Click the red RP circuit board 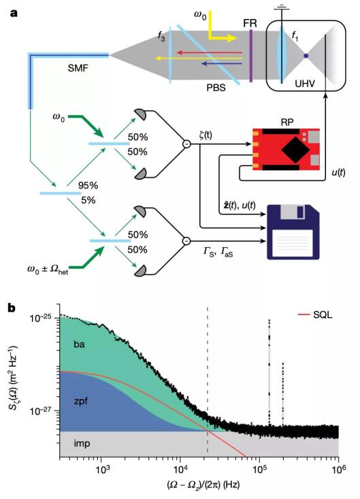[286, 149]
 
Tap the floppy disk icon [293, 232]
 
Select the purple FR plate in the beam [251, 56]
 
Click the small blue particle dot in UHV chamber [306, 56]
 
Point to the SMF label [78, 68]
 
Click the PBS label [216, 88]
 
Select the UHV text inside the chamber [305, 84]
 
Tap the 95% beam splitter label [88, 186]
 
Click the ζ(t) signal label [203, 135]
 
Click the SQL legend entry [315, 315]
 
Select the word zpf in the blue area [80, 401]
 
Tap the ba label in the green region [79, 344]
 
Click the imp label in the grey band [82, 443]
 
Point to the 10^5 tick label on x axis [259, 468]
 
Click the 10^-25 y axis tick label [43, 318]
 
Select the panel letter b [12, 308]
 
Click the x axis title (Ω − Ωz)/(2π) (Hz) [203, 485]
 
